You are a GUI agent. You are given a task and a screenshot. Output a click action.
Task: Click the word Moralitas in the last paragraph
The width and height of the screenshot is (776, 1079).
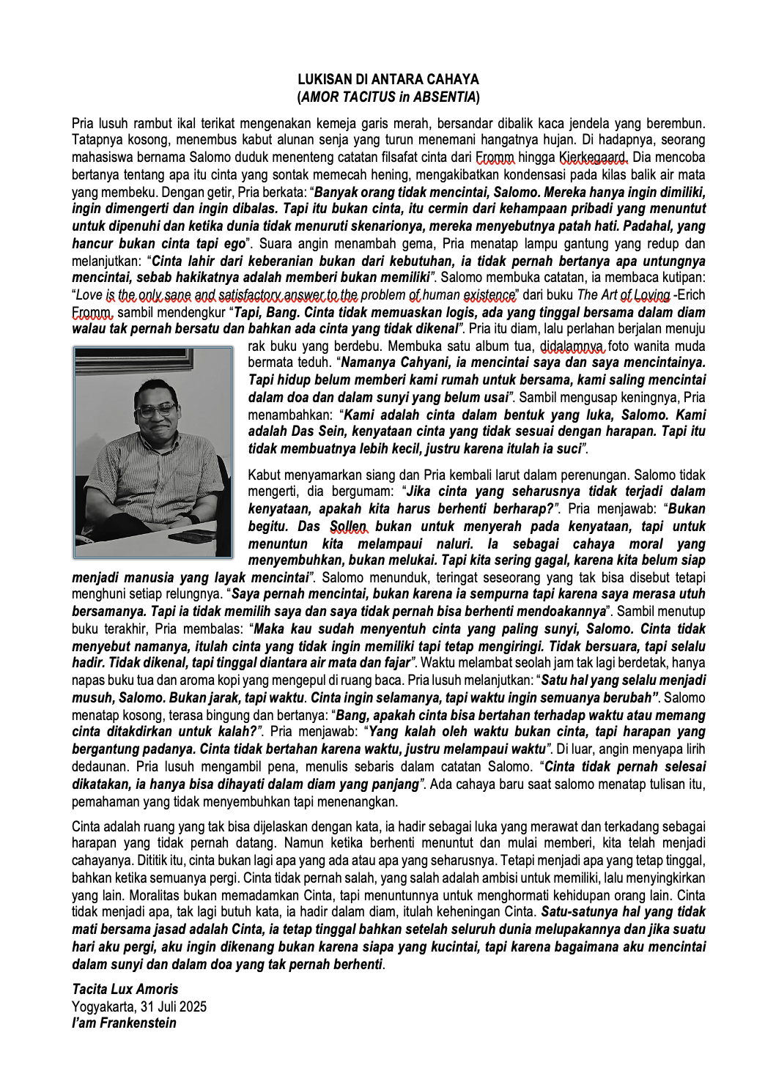(x=99, y=895)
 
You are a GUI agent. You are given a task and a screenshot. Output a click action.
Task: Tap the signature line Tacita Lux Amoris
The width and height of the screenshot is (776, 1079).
(x=125, y=989)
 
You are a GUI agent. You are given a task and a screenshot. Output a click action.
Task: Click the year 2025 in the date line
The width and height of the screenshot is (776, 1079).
(x=192, y=1006)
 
